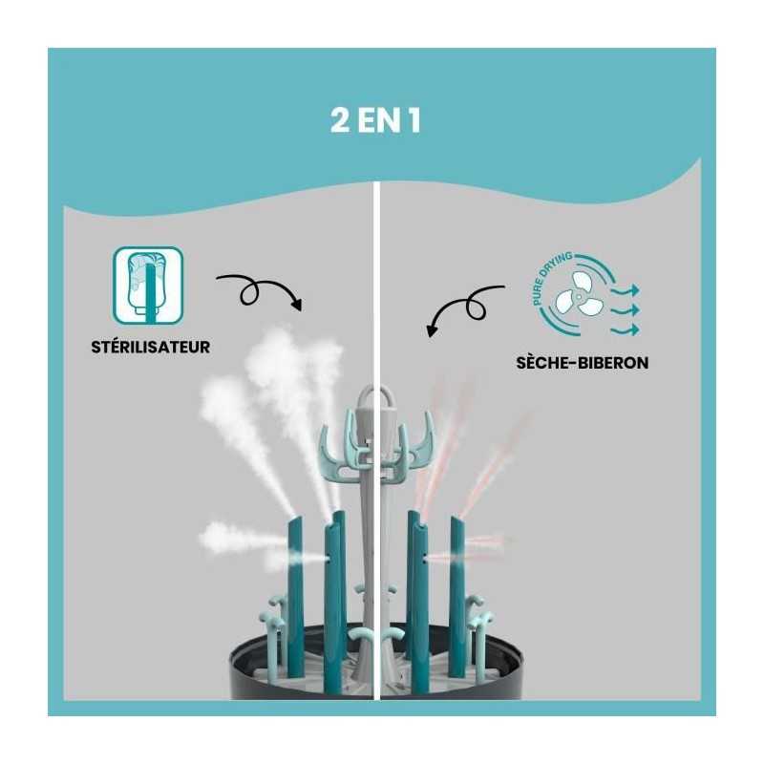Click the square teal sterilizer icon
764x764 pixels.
(x=148, y=286)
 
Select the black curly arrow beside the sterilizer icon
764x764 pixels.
(x=258, y=289)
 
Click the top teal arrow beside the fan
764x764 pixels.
(x=627, y=289)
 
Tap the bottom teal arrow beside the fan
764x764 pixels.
(x=627, y=329)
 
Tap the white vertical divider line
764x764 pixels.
(x=380, y=286)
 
